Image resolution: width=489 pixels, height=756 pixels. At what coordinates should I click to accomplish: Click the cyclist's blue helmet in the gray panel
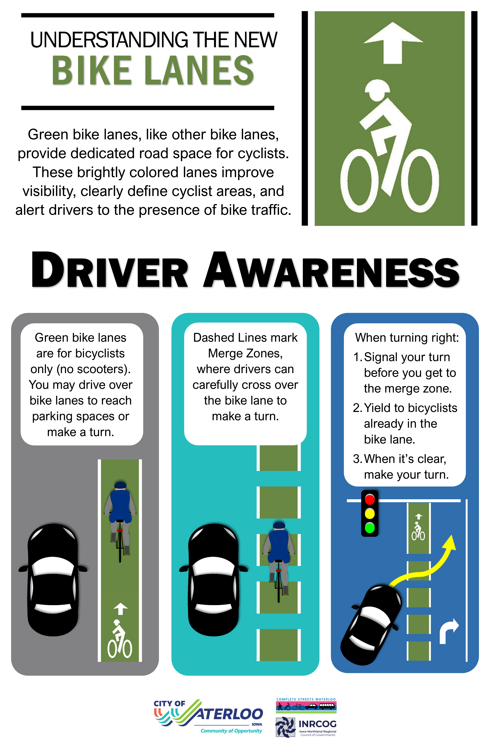[x=120, y=485]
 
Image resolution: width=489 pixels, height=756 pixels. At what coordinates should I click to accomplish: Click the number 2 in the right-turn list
[x=356, y=408]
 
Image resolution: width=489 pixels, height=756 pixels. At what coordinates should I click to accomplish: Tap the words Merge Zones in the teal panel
[x=245, y=353]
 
